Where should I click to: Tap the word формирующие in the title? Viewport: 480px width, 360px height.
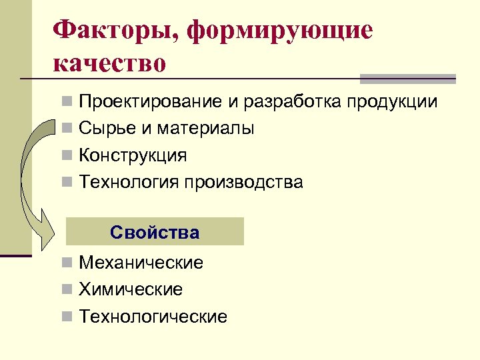(281, 31)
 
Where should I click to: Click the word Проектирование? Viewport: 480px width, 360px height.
(150, 103)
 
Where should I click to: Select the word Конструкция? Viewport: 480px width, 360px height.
(133, 155)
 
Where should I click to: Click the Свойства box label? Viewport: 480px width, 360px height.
(155, 233)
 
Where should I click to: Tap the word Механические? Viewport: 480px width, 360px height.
(141, 263)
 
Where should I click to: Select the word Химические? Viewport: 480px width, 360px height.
(131, 290)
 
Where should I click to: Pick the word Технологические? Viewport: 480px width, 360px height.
(153, 317)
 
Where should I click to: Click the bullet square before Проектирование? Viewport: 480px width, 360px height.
(68, 103)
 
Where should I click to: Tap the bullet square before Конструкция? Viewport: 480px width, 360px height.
(68, 156)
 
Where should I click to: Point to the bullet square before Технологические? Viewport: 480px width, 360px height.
(68, 317)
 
